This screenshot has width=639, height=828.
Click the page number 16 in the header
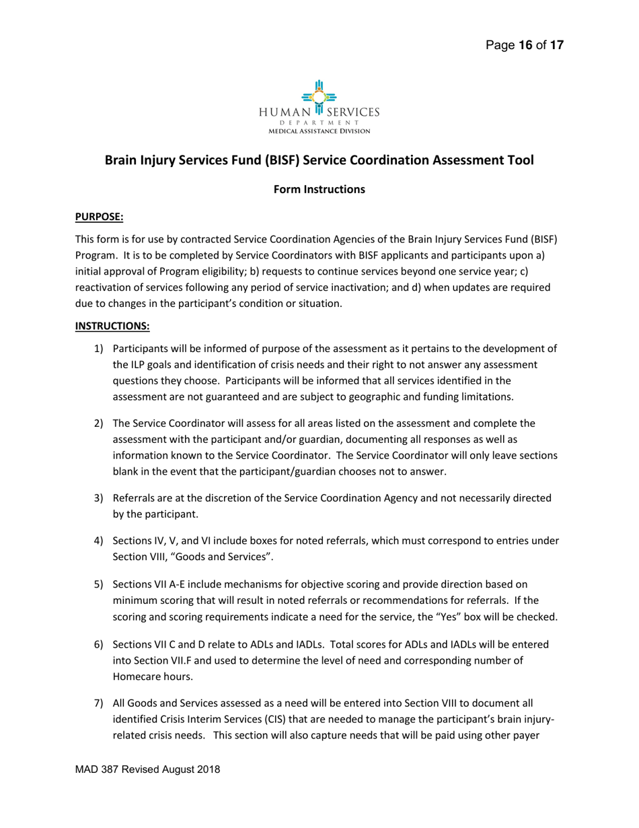(x=525, y=46)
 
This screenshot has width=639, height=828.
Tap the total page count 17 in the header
(x=557, y=46)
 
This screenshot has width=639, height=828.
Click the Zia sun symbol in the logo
(x=319, y=96)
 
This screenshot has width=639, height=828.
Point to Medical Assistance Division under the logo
(x=319, y=131)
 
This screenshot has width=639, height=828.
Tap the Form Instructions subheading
(x=319, y=189)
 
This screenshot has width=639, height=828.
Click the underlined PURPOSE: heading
(x=99, y=217)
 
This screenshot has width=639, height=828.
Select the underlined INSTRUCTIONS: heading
(x=112, y=326)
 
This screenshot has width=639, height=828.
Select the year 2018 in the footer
(x=207, y=769)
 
